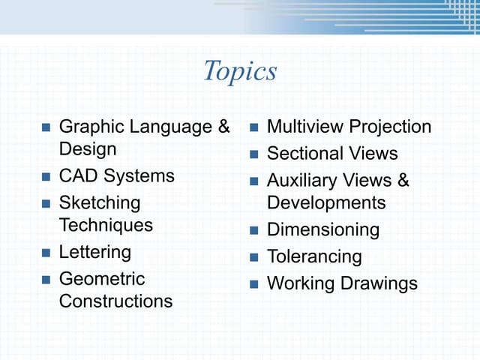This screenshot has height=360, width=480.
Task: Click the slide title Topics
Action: click(240, 71)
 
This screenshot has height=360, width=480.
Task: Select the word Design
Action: click(88, 148)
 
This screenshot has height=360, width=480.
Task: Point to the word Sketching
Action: click(100, 202)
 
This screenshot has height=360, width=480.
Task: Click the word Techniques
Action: click(106, 224)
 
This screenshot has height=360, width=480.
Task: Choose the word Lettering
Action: click(94, 252)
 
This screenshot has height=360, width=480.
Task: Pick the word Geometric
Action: click(102, 279)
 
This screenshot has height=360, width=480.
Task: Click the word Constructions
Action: click(115, 301)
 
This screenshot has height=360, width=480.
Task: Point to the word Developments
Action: click(326, 202)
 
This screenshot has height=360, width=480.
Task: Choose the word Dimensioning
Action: click(323, 229)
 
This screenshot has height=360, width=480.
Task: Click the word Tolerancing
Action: click(314, 256)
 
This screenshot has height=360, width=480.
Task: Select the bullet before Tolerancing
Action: click(254, 257)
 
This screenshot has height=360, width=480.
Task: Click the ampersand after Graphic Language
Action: click(223, 127)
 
